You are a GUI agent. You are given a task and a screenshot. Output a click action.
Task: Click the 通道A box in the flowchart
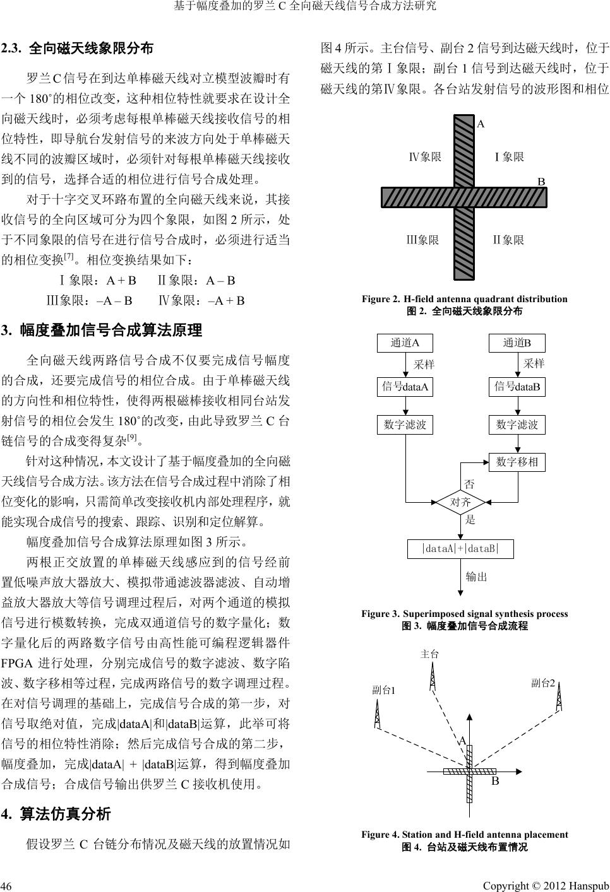point(405,343)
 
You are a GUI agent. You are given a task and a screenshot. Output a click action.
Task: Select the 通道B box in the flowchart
point(517,343)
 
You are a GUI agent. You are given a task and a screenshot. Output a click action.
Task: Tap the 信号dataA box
point(405,387)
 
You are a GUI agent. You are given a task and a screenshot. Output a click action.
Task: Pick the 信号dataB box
point(517,387)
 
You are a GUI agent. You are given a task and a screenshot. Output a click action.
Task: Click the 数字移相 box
point(517,462)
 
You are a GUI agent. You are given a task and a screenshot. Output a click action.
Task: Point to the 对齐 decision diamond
point(461,502)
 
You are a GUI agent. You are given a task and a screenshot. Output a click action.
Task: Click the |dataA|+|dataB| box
point(460,549)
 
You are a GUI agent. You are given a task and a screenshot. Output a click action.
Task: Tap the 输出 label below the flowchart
point(476,576)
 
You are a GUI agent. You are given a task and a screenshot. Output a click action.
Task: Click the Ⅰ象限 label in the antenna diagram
point(509,156)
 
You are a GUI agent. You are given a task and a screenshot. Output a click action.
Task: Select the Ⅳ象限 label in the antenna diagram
point(425,156)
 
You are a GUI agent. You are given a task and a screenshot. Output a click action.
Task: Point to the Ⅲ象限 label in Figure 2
point(422,240)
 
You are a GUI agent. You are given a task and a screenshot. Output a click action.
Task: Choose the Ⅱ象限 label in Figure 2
point(508,240)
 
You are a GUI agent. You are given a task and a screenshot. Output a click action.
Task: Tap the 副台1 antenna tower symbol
point(378,713)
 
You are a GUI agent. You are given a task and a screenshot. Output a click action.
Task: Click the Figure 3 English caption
point(464,614)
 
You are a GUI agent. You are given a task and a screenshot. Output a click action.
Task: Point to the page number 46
point(7,881)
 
